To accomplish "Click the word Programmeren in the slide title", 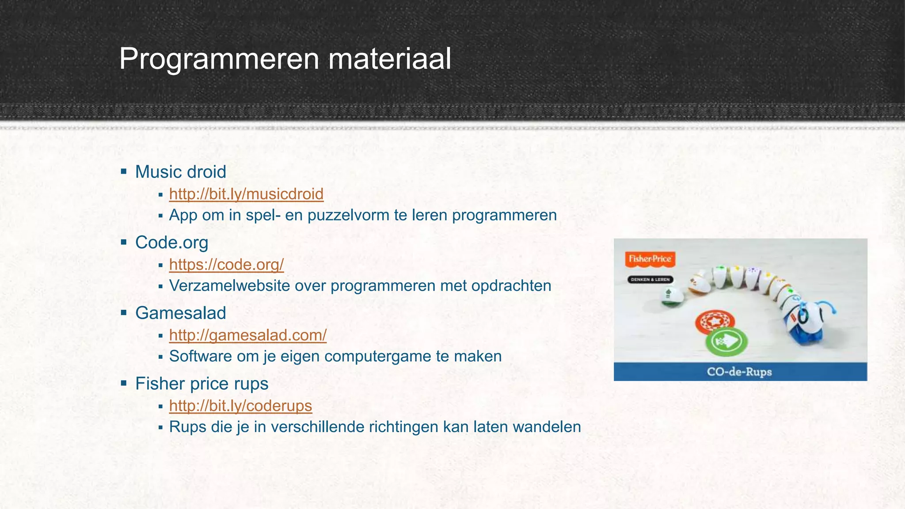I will pos(219,59).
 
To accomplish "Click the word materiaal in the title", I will pos(389,59).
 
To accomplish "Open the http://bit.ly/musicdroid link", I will pos(246,194).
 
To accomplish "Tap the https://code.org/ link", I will pos(226,265).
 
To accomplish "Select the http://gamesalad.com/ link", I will pos(247,335).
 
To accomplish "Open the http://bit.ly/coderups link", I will pos(240,406).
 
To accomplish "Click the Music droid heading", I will pos(180,172).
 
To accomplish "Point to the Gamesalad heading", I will pos(180,313).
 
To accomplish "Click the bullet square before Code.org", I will pos(124,242).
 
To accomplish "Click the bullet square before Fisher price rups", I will pos(124,383).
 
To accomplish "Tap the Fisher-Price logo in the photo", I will pos(650,259).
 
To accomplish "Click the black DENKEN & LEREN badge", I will pos(650,280).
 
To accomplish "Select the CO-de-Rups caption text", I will pos(739,372).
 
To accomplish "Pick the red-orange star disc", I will pos(715,322).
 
